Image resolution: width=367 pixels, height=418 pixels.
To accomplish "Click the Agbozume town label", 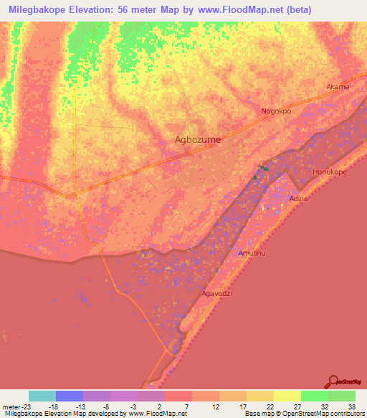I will click(199, 140).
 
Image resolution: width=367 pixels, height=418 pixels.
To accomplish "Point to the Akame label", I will click(338, 87).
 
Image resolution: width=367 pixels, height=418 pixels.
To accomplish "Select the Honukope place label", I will click(330, 172).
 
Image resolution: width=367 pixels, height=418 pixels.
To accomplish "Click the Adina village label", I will click(297, 198).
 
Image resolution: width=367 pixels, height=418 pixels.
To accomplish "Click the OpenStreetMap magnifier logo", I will click(334, 381).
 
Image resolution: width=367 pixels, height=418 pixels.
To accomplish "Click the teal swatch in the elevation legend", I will click(42, 396).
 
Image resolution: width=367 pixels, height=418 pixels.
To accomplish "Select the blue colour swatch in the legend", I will click(69, 396).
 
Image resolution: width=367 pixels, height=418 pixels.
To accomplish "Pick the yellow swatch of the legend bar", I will click(287, 396).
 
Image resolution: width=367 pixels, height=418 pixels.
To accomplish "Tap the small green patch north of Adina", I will click(263, 169).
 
